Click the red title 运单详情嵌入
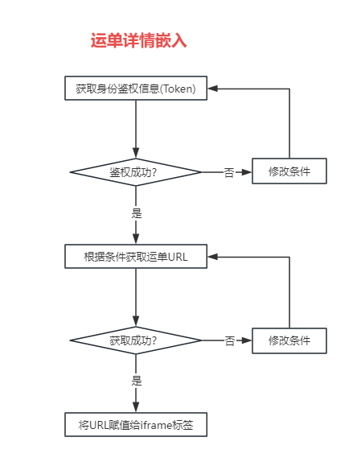point(138,40)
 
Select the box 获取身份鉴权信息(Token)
point(136,89)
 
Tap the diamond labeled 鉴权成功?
point(136,172)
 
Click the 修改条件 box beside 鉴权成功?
point(289,171)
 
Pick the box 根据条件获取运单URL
point(136,257)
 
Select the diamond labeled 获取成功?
point(136,340)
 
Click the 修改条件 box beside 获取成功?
point(289,340)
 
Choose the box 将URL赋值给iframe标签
point(136,425)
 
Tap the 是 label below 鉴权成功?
point(137,213)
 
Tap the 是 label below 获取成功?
point(137,381)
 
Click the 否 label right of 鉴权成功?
point(229,172)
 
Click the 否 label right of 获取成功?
point(229,340)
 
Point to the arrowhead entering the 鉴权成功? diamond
point(136,154)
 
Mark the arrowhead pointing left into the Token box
point(212,89)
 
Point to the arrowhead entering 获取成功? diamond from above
point(136,322)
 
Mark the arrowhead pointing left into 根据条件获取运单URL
point(212,257)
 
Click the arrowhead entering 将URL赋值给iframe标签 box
point(136,407)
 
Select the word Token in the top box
point(178,89)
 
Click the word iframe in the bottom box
point(156,425)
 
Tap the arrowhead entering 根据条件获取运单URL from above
point(136,239)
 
